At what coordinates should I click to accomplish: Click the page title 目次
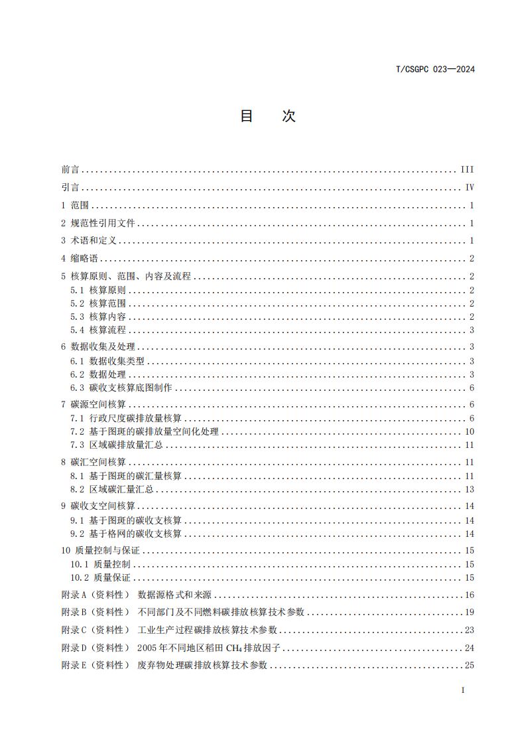[267, 116]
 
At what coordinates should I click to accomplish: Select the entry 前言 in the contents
[69, 170]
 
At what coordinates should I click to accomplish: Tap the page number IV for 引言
[469, 188]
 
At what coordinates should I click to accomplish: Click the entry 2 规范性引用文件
[98, 224]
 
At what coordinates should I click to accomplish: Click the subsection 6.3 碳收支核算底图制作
[121, 388]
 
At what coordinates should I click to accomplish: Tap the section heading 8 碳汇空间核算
[93, 462]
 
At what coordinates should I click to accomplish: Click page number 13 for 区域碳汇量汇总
[469, 490]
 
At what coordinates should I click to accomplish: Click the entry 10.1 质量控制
[100, 564]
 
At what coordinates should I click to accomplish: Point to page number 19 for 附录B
[469, 613]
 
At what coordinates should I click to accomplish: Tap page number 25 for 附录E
[469, 665]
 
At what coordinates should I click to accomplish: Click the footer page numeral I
[462, 690]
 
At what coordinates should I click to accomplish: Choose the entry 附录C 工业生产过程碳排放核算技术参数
[169, 630]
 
